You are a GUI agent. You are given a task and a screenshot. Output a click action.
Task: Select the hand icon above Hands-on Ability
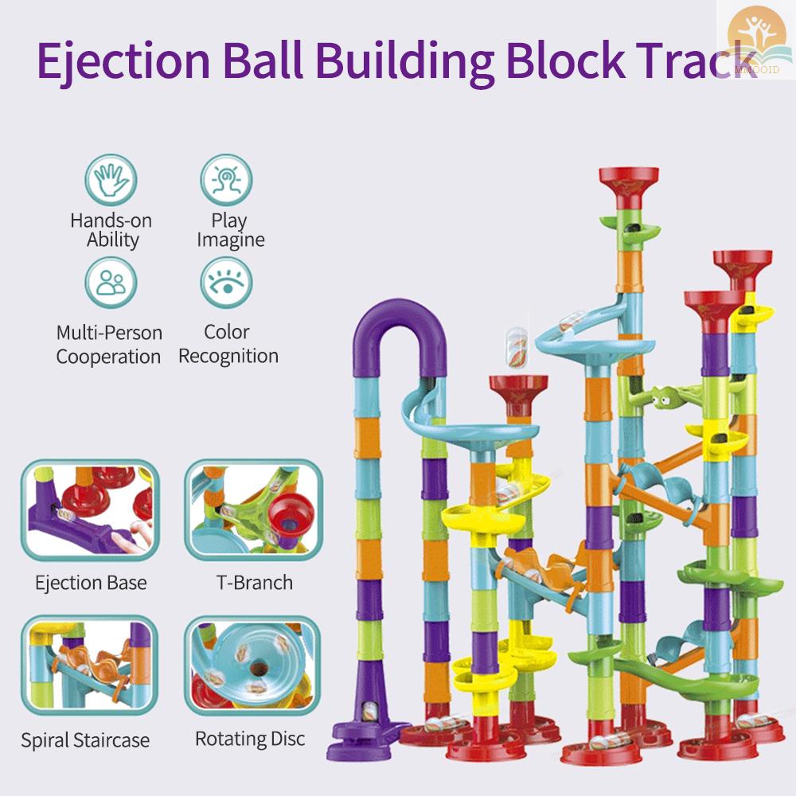[111, 181]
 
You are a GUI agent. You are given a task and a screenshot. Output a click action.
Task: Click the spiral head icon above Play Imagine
[226, 181]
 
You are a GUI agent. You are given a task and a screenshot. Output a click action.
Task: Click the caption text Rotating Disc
[250, 739]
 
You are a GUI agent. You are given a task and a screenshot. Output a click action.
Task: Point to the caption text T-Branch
[255, 583]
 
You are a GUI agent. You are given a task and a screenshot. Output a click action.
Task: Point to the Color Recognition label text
[228, 344]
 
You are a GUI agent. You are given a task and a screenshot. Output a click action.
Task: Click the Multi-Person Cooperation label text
[109, 345]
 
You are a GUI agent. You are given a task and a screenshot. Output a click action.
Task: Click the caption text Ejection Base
[91, 583]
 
